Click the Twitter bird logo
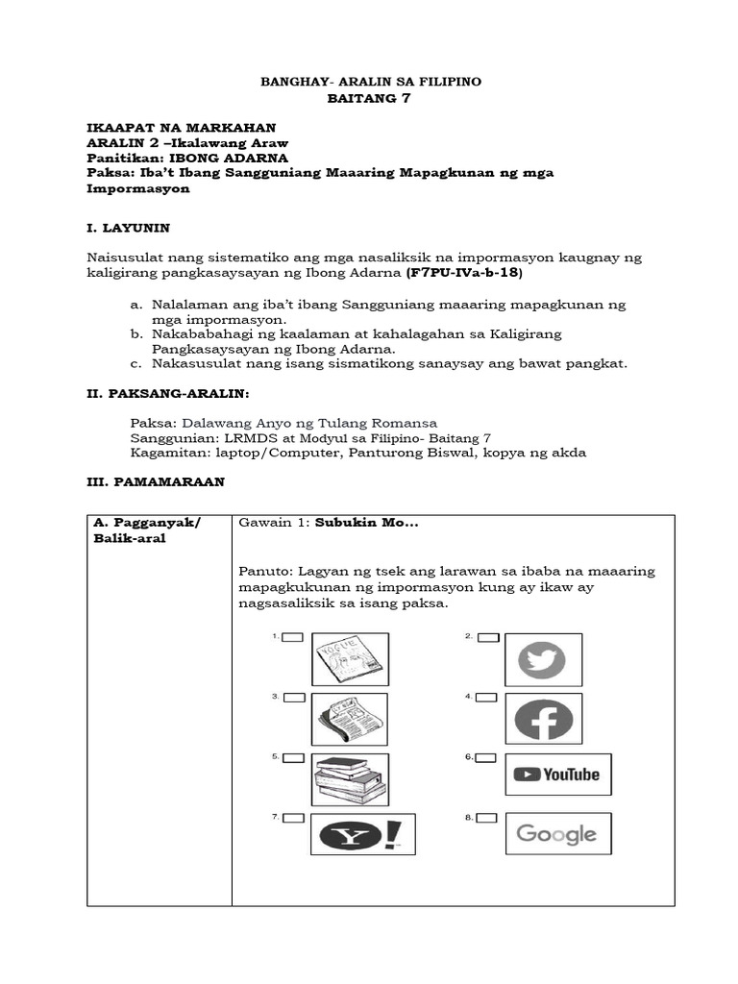pyautogui.click(x=542, y=660)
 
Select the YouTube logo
pyautogui.click(x=557, y=775)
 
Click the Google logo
pyautogui.click(x=557, y=833)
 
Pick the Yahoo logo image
pyautogui.click(x=363, y=833)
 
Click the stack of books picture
pyautogui.click(x=350, y=778)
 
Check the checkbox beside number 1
pyautogui.click(x=292, y=637)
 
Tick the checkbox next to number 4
pyautogui.click(x=488, y=697)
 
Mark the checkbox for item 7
pyautogui.click(x=292, y=818)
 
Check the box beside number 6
pyautogui.click(x=488, y=757)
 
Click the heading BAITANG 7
pyautogui.click(x=371, y=100)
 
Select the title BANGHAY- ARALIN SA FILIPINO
pyautogui.click(x=372, y=83)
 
